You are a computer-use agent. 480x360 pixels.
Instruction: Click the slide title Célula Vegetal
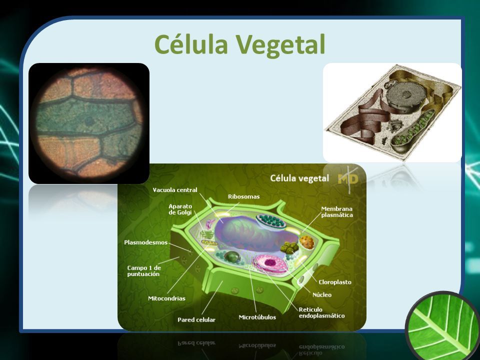pos(239,44)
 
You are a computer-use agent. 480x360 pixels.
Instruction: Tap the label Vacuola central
pos(175,190)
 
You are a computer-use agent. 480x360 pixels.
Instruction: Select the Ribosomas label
pos(243,196)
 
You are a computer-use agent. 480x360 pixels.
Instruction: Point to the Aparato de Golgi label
pos(180,209)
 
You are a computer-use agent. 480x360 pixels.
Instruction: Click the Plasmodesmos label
pos(145,242)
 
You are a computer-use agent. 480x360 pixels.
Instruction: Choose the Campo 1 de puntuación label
pos(144,271)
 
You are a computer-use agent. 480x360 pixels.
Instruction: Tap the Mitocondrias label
pos(166,298)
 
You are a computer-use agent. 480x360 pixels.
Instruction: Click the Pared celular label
pos(196,320)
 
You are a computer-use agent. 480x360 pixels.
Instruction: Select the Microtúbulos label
pos(257,317)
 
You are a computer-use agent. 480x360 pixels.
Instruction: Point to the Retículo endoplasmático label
pos(321,312)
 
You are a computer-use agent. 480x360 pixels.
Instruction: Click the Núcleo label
pos(321,295)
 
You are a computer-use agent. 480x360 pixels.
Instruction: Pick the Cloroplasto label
pos(335,282)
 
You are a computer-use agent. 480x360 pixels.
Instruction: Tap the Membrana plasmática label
pos(336,212)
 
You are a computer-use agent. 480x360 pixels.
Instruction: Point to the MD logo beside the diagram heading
pos(348,179)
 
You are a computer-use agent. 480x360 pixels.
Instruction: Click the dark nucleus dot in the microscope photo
pos(89,121)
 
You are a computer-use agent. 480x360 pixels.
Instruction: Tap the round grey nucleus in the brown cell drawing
pos(405,95)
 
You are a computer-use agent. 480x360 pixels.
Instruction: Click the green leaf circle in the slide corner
pos(443,326)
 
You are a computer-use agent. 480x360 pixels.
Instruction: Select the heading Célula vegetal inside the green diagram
pos(299,178)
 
